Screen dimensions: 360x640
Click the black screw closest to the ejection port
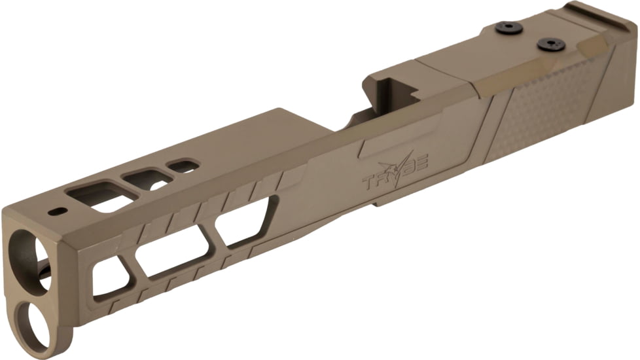[x=508, y=27]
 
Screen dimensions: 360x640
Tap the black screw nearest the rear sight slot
[x=551, y=44]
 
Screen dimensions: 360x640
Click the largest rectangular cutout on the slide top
[x=95, y=197]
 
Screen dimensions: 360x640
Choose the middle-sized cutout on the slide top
[x=149, y=178]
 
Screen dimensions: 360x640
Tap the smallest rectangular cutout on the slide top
[x=183, y=166]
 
